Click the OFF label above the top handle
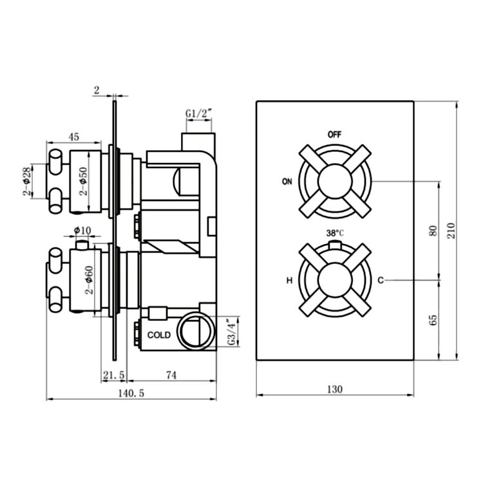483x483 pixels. pyautogui.click(x=334, y=135)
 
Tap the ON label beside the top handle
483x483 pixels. pyautogui.click(x=287, y=181)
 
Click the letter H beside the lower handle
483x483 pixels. pyautogui.click(x=290, y=280)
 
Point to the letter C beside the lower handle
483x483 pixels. pyautogui.click(x=381, y=279)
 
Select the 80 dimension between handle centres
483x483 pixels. pyautogui.click(x=433, y=230)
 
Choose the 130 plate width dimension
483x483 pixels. pyautogui.click(x=334, y=389)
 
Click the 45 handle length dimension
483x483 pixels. pyautogui.click(x=74, y=136)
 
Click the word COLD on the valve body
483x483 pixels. pyautogui.click(x=159, y=336)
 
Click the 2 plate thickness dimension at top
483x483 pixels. pyautogui.click(x=96, y=91)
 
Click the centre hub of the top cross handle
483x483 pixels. pyautogui.click(x=334, y=181)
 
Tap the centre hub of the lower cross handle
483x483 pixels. pyautogui.click(x=334, y=279)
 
